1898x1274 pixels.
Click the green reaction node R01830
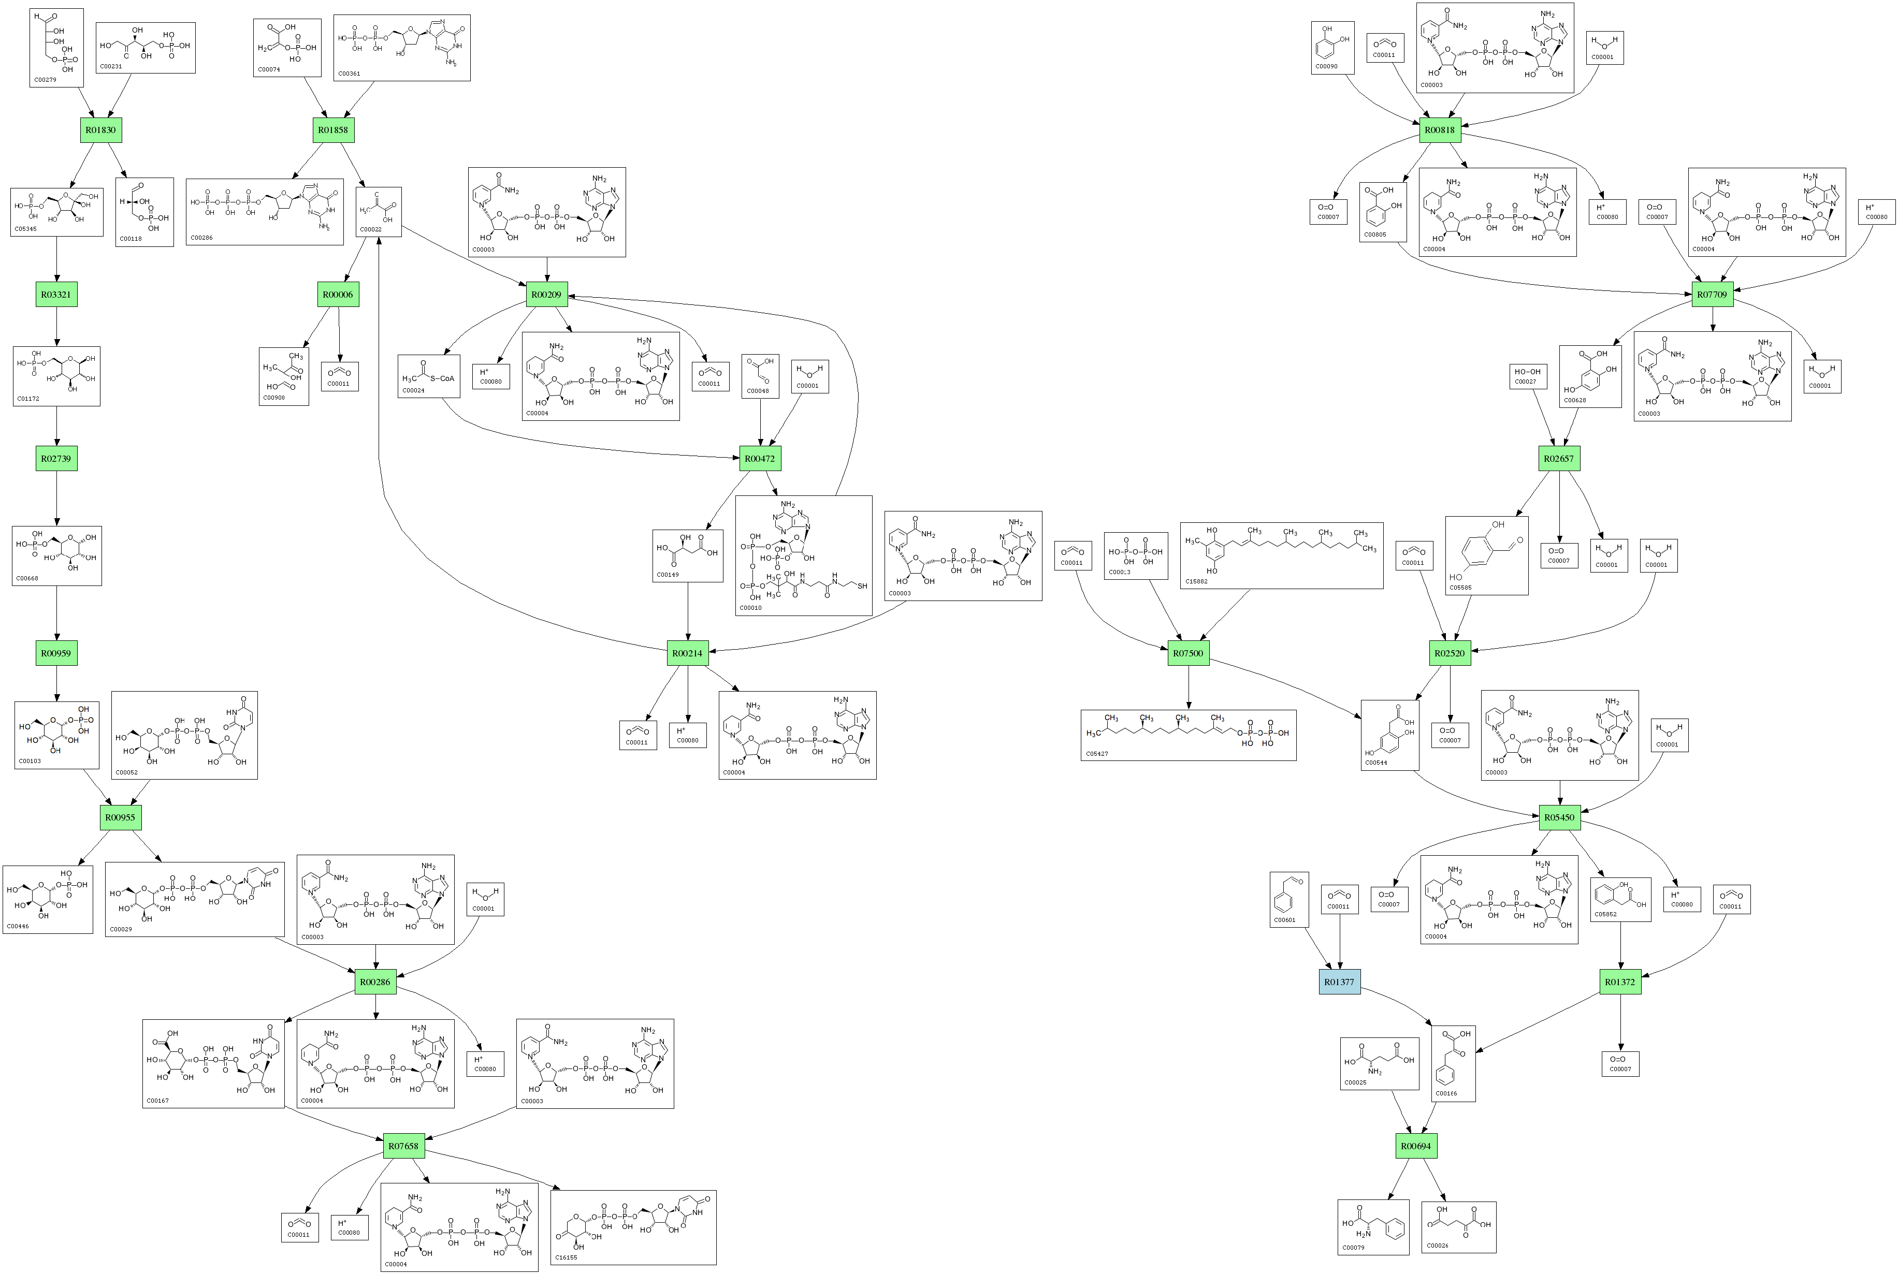click(101, 130)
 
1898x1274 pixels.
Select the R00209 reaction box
click(546, 294)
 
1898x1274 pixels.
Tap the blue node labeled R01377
click(1339, 982)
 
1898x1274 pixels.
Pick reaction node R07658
click(403, 1146)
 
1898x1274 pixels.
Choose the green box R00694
click(1415, 1146)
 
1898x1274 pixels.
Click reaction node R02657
click(1558, 458)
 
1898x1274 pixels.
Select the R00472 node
click(759, 458)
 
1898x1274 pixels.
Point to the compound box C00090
click(1332, 48)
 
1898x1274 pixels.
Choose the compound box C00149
click(688, 556)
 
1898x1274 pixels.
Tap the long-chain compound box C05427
click(1187, 735)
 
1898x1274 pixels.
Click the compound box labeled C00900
click(284, 376)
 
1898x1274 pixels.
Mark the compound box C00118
click(144, 212)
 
